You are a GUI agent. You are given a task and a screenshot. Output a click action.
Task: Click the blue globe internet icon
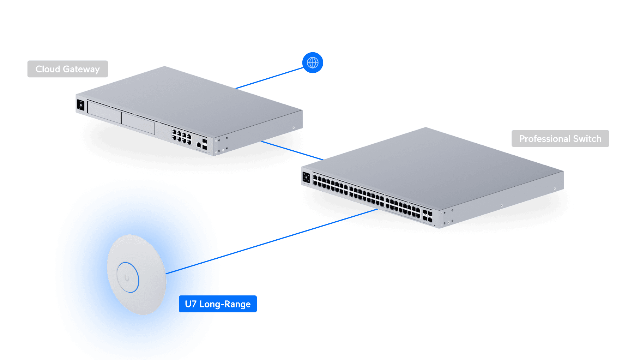(313, 63)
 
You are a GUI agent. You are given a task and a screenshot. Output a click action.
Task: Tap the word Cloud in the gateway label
(48, 69)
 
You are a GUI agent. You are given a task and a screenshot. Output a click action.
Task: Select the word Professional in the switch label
(544, 139)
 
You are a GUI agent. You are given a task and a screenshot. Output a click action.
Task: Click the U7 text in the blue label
(191, 304)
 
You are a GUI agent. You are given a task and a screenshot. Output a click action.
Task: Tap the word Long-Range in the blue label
(225, 304)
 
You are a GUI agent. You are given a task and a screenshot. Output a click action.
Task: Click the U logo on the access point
(127, 278)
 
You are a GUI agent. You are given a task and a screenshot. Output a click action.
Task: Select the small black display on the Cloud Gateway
(80, 105)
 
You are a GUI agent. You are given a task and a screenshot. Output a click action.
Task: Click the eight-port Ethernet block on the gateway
(181, 136)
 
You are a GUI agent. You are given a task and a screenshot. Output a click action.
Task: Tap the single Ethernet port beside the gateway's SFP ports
(199, 144)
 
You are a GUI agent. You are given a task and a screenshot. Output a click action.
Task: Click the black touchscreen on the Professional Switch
(306, 178)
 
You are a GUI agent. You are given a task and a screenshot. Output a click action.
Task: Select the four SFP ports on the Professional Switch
(427, 216)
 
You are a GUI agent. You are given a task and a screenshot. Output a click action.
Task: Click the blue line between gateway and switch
(291, 150)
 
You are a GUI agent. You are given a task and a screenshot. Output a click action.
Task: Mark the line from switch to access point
(296, 233)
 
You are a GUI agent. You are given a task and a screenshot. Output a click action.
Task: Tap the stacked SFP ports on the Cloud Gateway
(205, 144)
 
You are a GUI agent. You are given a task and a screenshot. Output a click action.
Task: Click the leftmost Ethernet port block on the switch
(330, 185)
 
